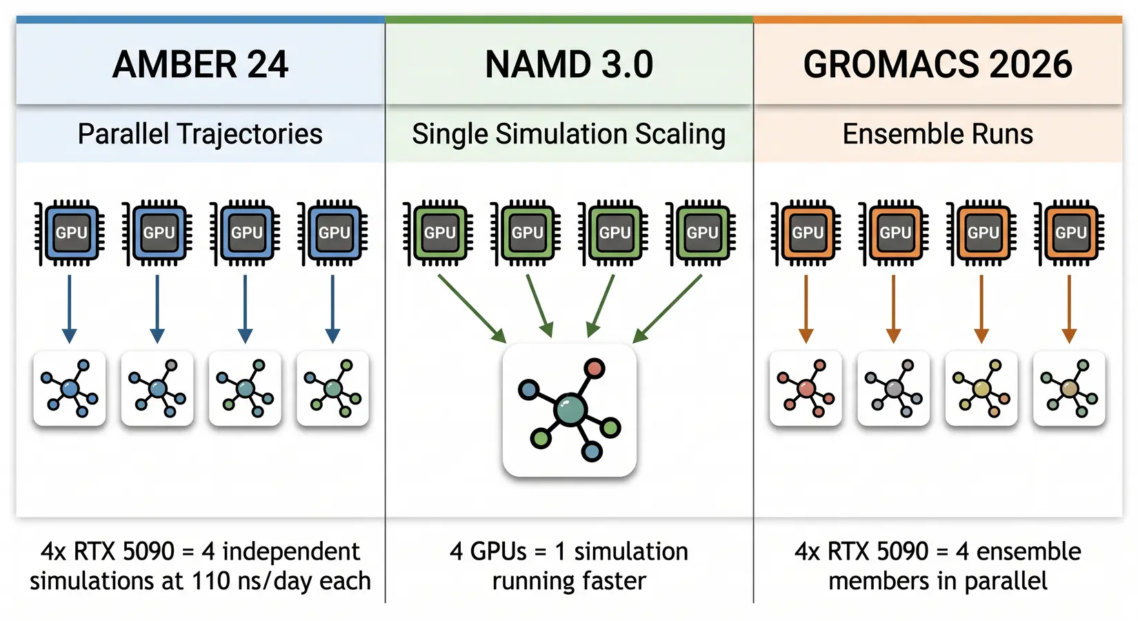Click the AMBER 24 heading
(x=200, y=65)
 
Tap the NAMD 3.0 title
(x=569, y=65)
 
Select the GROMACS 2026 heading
(x=938, y=65)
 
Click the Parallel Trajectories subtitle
(x=200, y=134)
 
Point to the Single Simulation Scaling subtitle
(x=569, y=134)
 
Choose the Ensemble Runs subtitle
(x=938, y=134)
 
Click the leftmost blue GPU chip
(x=70, y=233)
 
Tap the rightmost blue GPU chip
(x=333, y=233)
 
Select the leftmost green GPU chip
(x=439, y=233)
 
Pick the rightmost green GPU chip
(x=701, y=233)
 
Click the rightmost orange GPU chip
(x=1070, y=233)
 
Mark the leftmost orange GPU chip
(x=806, y=233)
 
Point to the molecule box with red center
(x=806, y=388)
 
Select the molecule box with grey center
(x=893, y=388)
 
